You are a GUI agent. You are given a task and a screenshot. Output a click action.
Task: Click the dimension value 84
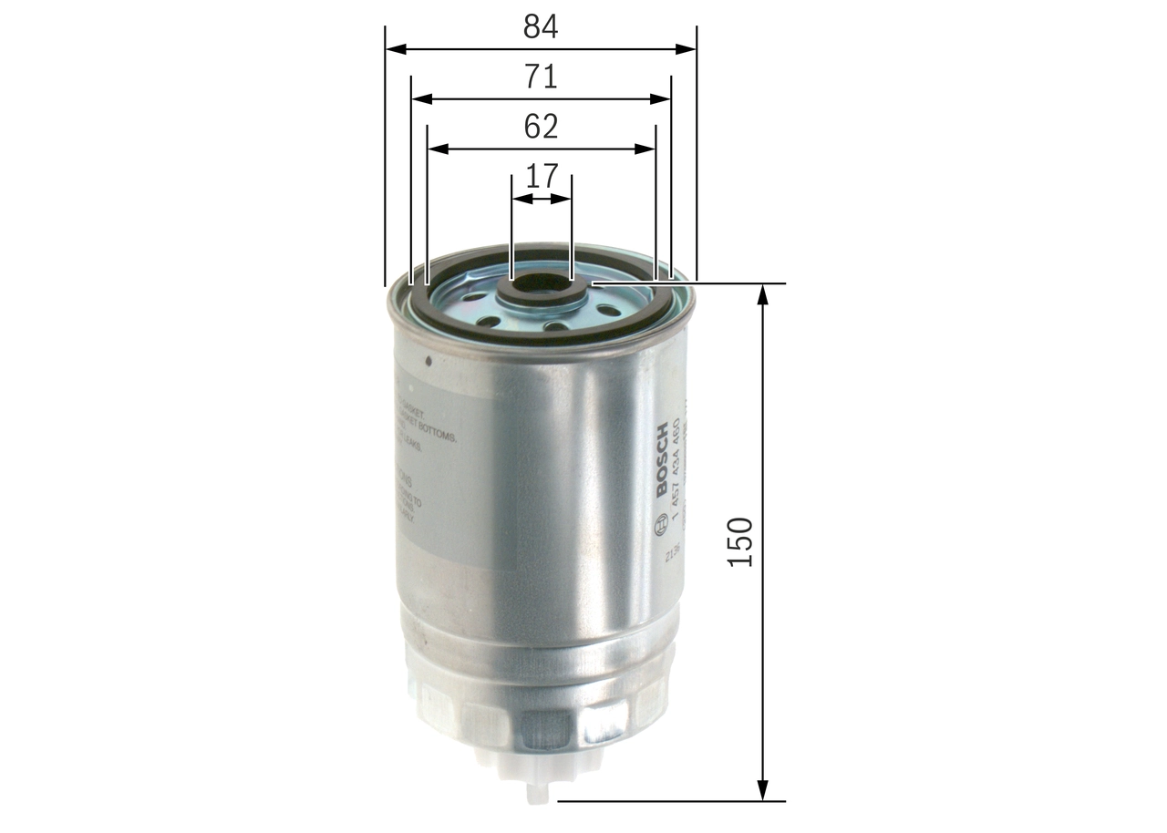click(540, 27)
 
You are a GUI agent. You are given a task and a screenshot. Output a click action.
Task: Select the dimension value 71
click(540, 77)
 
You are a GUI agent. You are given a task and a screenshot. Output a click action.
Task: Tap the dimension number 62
click(540, 127)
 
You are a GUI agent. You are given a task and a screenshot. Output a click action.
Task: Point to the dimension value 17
click(541, 176)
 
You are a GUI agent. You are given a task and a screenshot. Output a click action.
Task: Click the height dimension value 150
click(741, 542)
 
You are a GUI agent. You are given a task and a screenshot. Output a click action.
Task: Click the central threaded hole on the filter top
click(542, 285)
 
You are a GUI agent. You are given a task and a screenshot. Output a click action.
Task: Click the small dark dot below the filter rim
click(428, 360)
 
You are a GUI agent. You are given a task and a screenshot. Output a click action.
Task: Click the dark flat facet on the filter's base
click(546, 725)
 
